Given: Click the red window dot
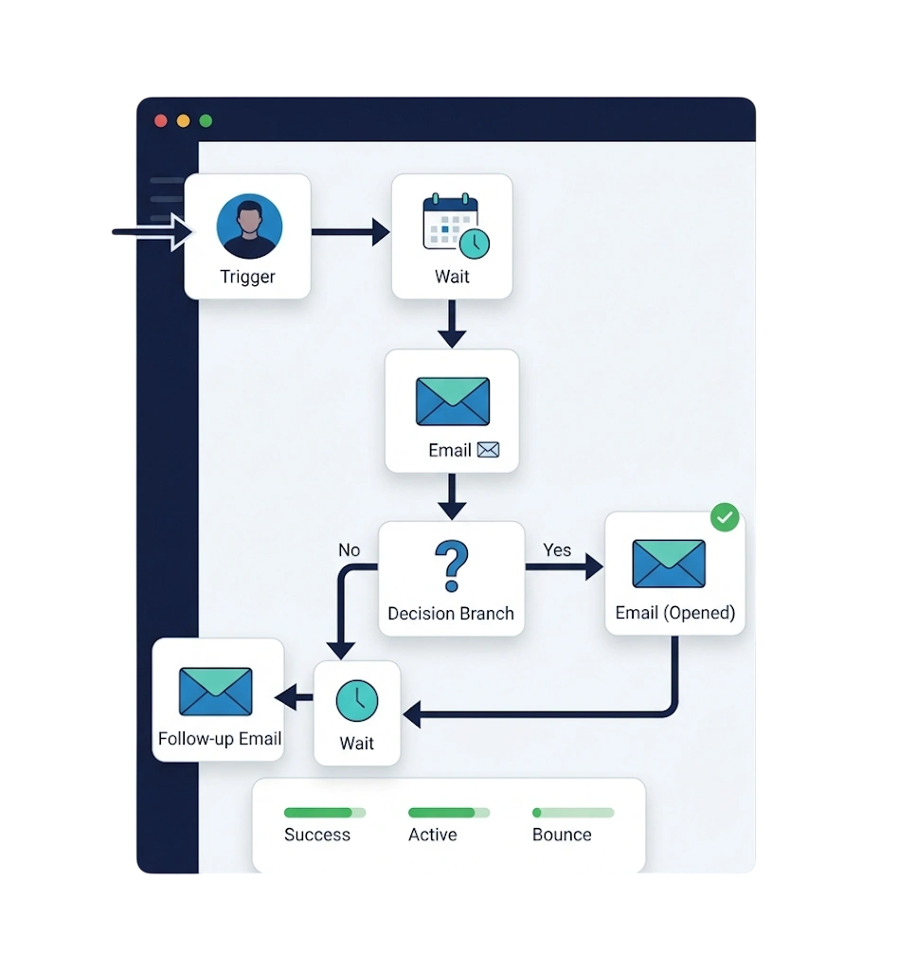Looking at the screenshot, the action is [161, 120].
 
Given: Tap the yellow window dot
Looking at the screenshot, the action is [183, 120].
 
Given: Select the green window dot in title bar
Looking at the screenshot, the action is [206, 120].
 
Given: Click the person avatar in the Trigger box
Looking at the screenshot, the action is [249, 225].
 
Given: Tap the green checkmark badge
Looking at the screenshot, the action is [725, 517].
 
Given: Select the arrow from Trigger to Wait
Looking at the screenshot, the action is [350, 232].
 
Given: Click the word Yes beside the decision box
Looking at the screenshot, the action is [557, 550].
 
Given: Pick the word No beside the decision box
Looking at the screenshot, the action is [349, 550].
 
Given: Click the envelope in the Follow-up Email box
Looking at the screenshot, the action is [215, 691].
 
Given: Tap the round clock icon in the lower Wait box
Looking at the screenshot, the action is [357, 701].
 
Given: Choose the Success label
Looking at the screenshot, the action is [317, 835].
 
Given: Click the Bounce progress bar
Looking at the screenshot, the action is [573, 812].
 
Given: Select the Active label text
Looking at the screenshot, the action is [432, 835].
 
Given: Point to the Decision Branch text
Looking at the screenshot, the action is [451, 613].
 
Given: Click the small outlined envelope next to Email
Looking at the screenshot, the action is [488, 450].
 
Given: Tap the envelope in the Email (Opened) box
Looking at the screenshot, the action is [669, 564].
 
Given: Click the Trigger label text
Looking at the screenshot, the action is [247, 277].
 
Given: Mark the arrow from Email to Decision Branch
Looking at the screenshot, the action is [452, 496].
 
